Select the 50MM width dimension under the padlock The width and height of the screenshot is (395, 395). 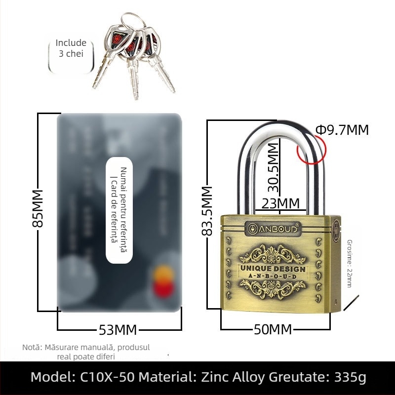click(273, 329)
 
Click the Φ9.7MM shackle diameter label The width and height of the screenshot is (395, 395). click(342, 130)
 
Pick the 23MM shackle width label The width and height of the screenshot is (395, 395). click(280, 203)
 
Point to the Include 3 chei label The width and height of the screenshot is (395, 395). click(71, 48)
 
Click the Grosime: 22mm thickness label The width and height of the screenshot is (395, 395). click(349, 263)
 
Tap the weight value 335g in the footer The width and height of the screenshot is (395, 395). click(350, 378)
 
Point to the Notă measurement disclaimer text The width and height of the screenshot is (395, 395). click(86, 352)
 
